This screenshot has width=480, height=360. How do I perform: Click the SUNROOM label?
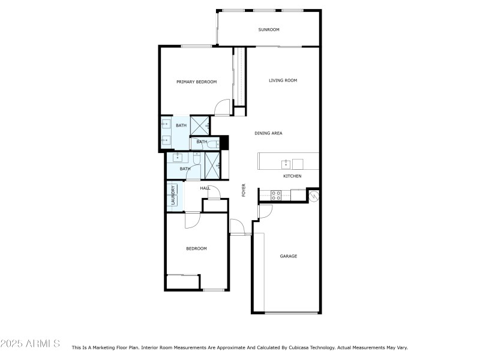click(269, 29)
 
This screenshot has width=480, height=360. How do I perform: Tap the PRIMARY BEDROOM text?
click(196, 82)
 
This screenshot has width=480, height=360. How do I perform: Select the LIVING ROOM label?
click(283, 80)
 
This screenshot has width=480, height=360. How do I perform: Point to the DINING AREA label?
click(268, 133)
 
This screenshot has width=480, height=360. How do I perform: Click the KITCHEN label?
click(292, 176)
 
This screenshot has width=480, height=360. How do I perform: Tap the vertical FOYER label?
click(244, 190)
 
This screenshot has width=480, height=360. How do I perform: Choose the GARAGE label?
click(289, 256)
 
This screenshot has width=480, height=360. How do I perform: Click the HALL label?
click(205, 188)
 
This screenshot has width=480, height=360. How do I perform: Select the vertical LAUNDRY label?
click(173, 195)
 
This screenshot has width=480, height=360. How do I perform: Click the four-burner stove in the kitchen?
click(277, 195)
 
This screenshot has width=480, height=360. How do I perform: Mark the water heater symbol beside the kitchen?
click(313, 195)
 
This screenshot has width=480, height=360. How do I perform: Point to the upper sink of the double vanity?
click(166, 125)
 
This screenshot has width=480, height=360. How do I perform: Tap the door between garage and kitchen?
click(265, 211)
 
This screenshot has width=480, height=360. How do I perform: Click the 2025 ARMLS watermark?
click(30, 344)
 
